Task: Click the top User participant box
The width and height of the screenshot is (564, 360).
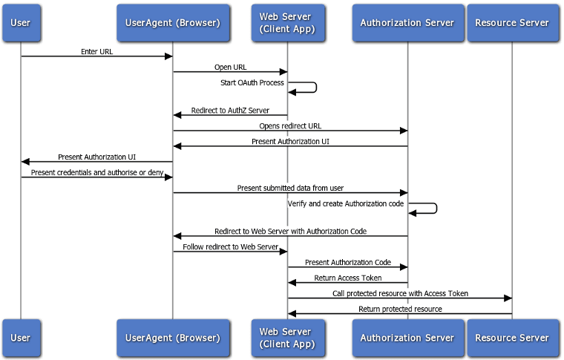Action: click(x=21, y=22)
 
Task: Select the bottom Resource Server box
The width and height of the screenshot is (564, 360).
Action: click(x=512, y=338)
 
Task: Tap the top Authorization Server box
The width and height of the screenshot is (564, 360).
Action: click(x=407, y=22)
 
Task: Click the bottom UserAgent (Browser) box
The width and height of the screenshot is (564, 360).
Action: click(x=173, y=338)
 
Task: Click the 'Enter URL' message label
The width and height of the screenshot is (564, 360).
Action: click(x=97, y=52)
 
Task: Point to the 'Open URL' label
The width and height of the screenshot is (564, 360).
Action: click(x=230, y=68)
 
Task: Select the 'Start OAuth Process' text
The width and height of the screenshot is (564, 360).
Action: click(x=252, y=82)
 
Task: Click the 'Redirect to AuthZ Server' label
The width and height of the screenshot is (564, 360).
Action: click(x=230, y=111)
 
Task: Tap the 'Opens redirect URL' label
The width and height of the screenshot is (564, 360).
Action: click(x=290, y=126)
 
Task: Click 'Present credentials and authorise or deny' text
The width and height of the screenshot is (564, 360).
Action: click(x=96, y=172)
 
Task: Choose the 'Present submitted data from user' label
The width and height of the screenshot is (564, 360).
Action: click(x=290, y=188)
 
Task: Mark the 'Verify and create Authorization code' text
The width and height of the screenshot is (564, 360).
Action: click(x=346, y=203)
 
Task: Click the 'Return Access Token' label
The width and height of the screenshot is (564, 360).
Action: click(x=348, y=278)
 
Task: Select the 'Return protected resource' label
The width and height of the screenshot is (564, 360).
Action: click(x=400, y=309)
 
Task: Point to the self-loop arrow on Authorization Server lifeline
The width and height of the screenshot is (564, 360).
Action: click(x=436, y=208)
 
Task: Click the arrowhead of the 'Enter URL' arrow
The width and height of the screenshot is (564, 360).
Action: click(x=168, y=56)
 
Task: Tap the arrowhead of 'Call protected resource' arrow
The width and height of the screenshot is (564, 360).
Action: click(x=508, y=298)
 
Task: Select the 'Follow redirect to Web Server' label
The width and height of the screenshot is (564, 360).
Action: click(x=230, y=246)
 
